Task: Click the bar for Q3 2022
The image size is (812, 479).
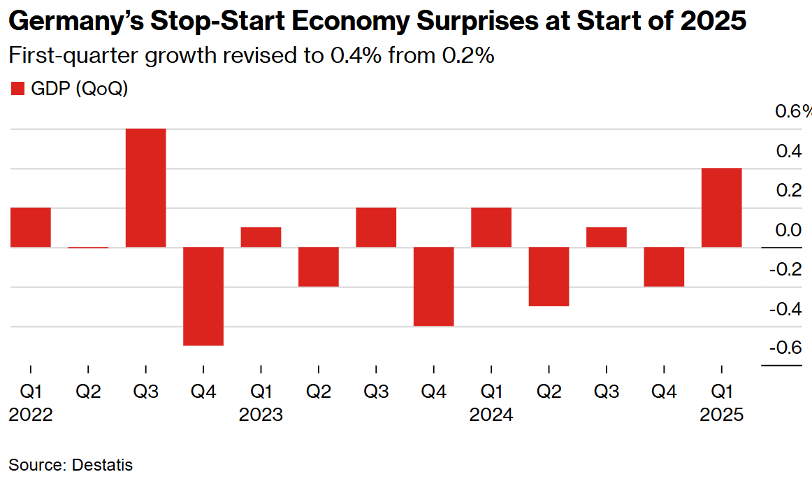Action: (x=145, y=187)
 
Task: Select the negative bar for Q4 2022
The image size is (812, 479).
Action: (x=203, y=296)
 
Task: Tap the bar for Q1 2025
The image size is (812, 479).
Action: (x=721, y=208)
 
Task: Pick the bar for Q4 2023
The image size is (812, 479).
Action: (x=433, y=286)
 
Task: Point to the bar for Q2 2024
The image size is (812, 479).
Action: (x=549, y=276)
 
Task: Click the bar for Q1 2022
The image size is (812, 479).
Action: (x=30, y=227)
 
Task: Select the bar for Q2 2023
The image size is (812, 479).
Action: (x=319, y=266)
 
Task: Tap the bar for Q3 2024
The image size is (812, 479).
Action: (x=606, y=237)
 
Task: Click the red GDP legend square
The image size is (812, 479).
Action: (x=17, y=89)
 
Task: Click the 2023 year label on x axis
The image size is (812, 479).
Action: (x=261, y=415)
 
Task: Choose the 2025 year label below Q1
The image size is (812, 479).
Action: (x=722, y=415)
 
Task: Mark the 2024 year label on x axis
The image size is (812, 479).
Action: (x=491, y=415)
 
